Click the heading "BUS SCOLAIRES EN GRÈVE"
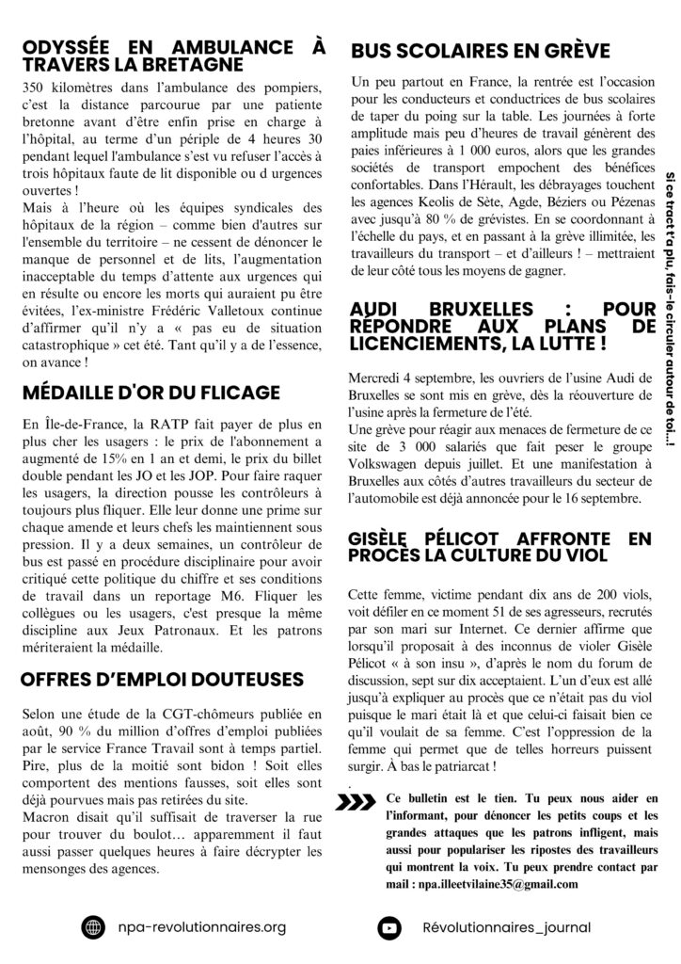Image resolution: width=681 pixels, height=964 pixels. pos(480,50)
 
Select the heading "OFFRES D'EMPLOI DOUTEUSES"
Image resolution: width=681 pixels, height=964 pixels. pos(162,678)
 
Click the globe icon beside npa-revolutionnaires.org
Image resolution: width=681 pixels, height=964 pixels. pos(93,926)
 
